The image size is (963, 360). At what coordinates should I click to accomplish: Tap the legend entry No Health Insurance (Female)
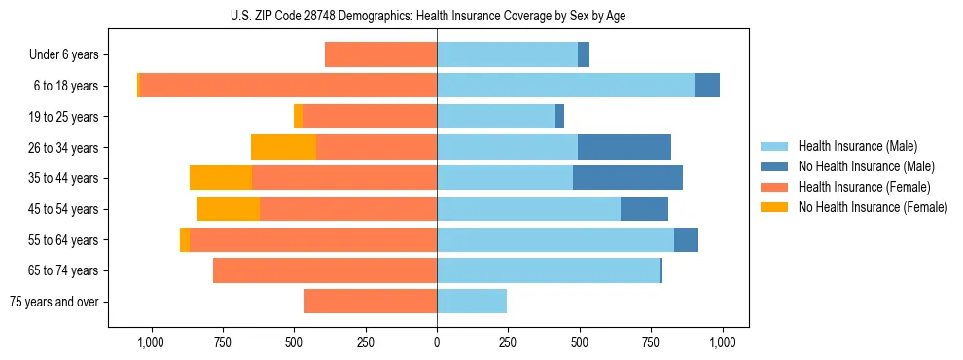(873, 207)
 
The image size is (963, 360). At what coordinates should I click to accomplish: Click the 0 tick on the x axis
(437, 342)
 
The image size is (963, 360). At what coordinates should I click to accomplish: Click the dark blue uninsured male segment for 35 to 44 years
(627, 178)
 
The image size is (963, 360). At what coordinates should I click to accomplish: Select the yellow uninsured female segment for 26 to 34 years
(283, 147)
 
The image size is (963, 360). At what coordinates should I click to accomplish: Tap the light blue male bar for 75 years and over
(472, 302)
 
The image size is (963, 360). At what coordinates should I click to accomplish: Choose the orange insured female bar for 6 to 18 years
(288, 86)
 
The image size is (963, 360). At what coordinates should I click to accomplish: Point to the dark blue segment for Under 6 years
(584, 54)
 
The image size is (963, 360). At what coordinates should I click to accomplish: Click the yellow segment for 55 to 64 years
(185, 239)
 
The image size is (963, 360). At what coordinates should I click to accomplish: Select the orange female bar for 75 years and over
(371, 302)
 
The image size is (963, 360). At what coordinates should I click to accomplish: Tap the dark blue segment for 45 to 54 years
(644, 209)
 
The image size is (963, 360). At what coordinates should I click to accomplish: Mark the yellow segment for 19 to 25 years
(298, 117)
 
